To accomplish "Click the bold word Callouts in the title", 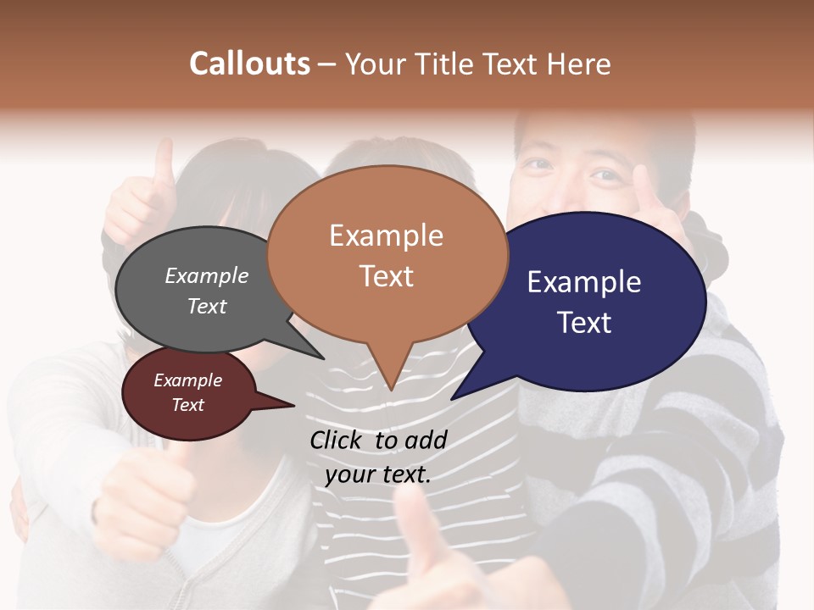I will tap(249, 64).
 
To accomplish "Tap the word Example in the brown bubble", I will tap(386, 236).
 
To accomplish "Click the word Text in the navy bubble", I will tap(584, 322).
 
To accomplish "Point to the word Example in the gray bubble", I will tap(207, 275).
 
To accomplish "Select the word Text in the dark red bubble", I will tap(188, 405).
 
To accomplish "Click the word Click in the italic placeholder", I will tap(338, 440).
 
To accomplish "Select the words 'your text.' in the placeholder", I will tap(378, 474).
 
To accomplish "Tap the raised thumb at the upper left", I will tap(161, 169).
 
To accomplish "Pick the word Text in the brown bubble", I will tap(387, 276).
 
